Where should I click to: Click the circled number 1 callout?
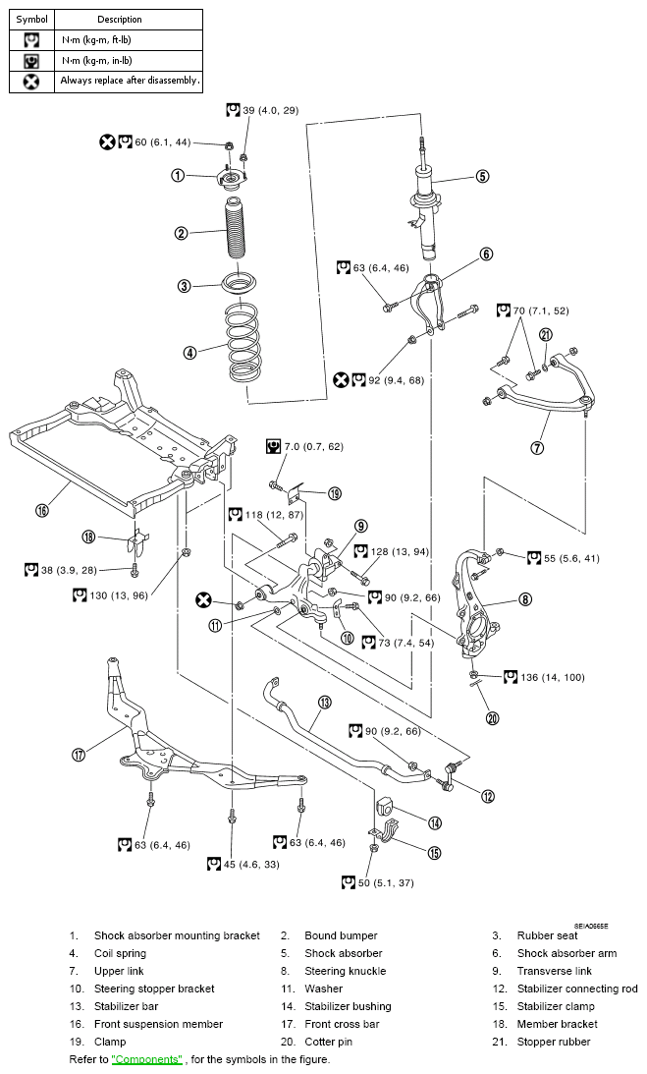178,176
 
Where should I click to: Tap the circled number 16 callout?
42,510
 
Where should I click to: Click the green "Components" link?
147,1059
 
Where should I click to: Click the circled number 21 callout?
546,335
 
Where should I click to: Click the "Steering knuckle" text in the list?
345,971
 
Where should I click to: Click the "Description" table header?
120,19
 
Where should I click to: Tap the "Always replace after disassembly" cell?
130,81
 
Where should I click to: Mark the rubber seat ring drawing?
236,285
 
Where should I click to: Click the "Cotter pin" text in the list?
330,1042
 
